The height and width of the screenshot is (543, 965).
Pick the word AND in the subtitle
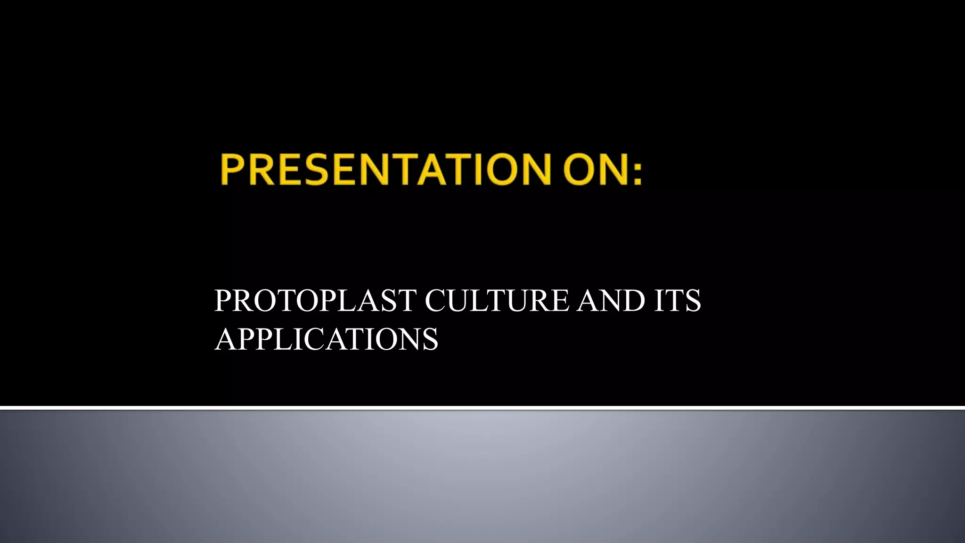(611, 300)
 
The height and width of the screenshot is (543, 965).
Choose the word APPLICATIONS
(326, 339)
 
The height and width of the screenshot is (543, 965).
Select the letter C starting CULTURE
(435, 300)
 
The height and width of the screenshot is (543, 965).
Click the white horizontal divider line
(482, 408)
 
